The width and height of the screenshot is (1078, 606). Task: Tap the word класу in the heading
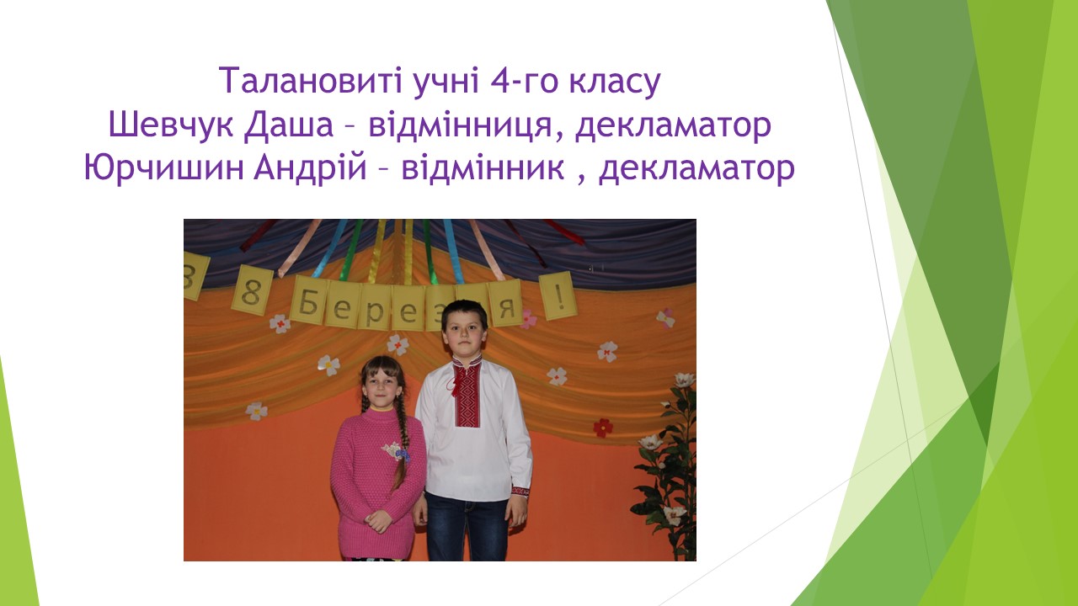[615, 82]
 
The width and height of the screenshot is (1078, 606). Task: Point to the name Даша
[288, 126]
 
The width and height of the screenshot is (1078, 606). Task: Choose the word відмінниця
[460, 126]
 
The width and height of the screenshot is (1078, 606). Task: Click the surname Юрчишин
[164, 168]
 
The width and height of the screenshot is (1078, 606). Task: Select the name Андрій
[311, 168]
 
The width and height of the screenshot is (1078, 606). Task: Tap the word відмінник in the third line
[483, 167]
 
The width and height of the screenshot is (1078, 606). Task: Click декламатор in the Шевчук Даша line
[673, 126]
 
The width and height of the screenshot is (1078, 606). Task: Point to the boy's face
[464, 334]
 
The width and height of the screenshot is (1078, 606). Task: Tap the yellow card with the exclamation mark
[558, 295]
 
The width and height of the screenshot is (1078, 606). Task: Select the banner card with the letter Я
[505, 304]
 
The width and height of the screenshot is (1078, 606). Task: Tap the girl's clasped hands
[379, 520]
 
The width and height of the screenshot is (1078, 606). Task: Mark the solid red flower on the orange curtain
[603, 427]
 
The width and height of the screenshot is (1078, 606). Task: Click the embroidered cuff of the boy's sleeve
[520, 492]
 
